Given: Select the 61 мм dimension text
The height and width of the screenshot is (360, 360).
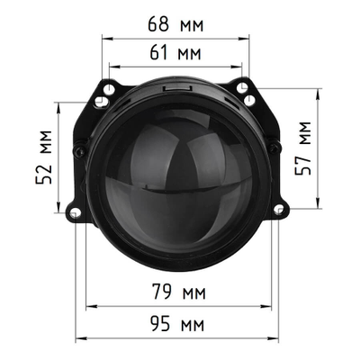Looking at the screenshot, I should point(175,54).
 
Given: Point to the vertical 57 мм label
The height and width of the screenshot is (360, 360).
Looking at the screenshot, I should point(308,149).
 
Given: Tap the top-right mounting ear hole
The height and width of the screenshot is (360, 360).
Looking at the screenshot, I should point(243,87).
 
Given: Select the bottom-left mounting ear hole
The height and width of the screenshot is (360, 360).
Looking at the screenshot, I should point(75,212).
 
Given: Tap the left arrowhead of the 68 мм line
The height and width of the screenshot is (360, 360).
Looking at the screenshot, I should point(105,38).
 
